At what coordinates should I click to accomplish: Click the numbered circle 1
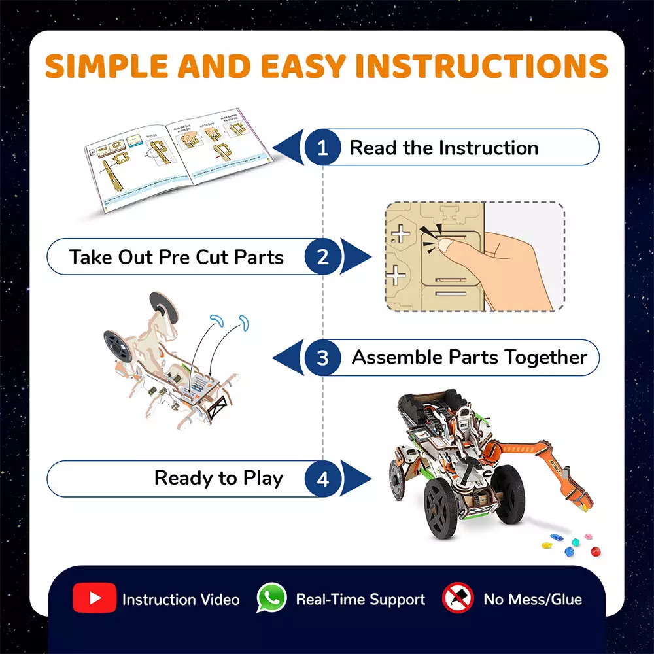coord(322,147)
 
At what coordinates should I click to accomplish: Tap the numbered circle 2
coord(322,256)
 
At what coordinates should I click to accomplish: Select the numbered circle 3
coord(322,358)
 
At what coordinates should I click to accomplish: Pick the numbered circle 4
coord(322,479)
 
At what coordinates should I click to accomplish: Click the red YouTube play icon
coord(95,598)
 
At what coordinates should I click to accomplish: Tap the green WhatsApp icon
coord(271,598)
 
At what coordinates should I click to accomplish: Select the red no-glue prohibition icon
coord(458,598)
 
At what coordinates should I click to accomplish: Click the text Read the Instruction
coord(443,148)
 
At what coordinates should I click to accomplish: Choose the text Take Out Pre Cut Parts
coord(177,256)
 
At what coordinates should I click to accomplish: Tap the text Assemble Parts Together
coord(470,358)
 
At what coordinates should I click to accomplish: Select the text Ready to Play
coord(218,478)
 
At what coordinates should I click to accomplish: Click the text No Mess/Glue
coord(532,599)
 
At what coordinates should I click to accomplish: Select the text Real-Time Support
coord(360,599)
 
